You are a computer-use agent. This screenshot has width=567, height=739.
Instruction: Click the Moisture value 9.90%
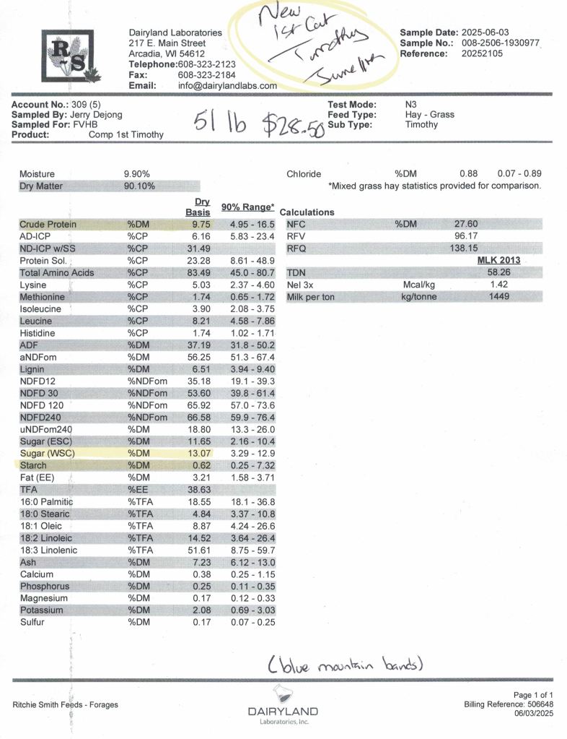pos(137,174)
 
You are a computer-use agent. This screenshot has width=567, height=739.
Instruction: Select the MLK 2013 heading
pos(498,260)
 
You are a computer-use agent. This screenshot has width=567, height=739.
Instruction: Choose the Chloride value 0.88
pos(468,173)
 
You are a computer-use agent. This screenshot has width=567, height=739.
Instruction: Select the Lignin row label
pos(36,369)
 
